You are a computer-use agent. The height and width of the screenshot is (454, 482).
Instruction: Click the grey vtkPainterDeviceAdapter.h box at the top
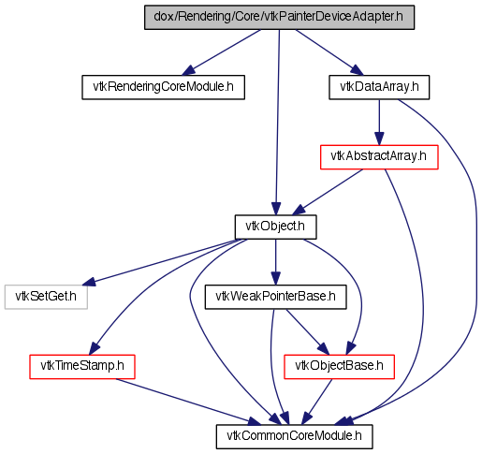279,18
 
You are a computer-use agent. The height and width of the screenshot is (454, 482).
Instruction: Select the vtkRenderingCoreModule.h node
163,87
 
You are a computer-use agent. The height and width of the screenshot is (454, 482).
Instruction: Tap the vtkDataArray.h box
379,87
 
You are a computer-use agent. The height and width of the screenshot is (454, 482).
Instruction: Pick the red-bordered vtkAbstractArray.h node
379,157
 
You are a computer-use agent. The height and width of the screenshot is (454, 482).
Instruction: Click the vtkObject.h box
276,227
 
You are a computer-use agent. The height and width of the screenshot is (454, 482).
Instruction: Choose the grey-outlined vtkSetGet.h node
46,297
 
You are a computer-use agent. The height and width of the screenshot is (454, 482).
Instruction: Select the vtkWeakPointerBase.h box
275,297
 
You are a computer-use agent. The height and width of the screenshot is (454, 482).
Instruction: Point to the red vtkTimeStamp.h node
82,367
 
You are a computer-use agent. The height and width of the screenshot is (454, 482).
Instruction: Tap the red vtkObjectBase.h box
339,367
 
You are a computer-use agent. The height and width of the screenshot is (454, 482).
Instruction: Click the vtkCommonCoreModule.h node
295,437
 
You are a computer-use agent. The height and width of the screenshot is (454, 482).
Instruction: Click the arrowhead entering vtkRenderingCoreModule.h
188,70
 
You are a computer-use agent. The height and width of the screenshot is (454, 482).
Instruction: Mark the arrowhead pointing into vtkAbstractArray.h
379,139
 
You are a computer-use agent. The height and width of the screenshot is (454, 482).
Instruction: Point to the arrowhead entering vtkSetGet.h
89,282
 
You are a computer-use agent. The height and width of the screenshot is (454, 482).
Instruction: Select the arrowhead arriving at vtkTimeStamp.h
94,349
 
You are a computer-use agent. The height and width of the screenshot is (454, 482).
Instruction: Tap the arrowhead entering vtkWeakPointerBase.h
275,279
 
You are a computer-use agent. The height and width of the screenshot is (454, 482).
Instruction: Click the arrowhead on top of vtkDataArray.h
357,70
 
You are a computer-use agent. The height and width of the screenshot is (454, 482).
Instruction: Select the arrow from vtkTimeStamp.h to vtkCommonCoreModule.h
188,402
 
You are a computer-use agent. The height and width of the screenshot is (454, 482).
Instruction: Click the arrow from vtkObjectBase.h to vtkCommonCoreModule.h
317,402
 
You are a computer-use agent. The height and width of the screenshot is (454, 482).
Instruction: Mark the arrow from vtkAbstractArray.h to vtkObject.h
328,192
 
